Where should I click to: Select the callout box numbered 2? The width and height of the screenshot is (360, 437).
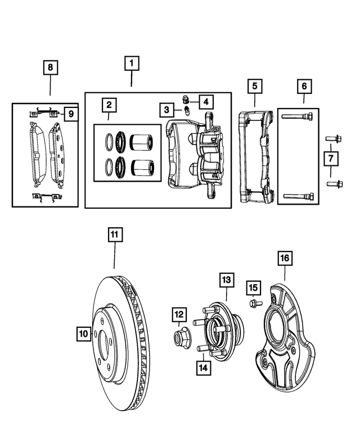(109, 105)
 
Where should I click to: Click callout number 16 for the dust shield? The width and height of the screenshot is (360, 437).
(284, 258)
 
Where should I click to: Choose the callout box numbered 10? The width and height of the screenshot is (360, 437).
(83, 334)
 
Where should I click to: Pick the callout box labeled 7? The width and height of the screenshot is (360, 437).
(330, 159)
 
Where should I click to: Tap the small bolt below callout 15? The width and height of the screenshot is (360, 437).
(252, 304)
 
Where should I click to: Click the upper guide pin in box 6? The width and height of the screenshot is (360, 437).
(298, 117)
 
